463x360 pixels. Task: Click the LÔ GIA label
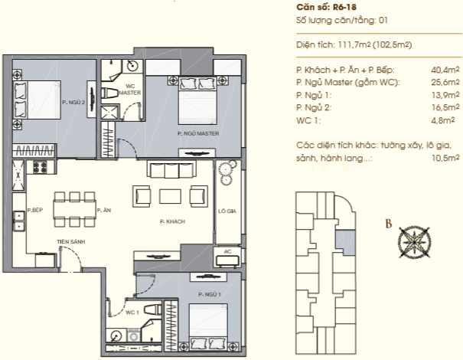pyautogui.click(x=227, y=211)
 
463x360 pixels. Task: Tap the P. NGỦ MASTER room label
pyautogui.click(x=198, y=133)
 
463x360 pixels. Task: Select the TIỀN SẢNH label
pyautogui.click(x=71, y=241)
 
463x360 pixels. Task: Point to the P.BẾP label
pyautogui.click(x=35, y=210)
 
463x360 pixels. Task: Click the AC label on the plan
pyautogui.click(x=227, y=251)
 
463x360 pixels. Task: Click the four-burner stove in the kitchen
pyautogui.click(x=40, y=167)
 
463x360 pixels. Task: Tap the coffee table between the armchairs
pyautogui.click(x=171, y=197)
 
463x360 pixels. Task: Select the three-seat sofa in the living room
pyautogui.click(x=171, y=169)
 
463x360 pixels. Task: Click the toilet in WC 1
pyautogui.click(x=153, y=310)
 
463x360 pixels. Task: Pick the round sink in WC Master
pyautogui.click(x=131, y=66)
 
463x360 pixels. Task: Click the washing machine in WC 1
pyautogui.click(x=135, y=335)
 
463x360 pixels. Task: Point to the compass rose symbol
pyautogui.click(x=414, y=242)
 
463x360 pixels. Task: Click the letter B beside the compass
pyautogui.click(x=389, y=224)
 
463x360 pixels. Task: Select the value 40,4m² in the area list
pyautogui.click(x=445, y=70)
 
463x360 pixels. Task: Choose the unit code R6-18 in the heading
pyautogui.click(x=344, y=7)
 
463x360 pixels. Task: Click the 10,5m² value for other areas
pyautogui.click(x=445, y=158)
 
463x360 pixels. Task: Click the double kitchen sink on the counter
pyautogui.click(x=18, y=221)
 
